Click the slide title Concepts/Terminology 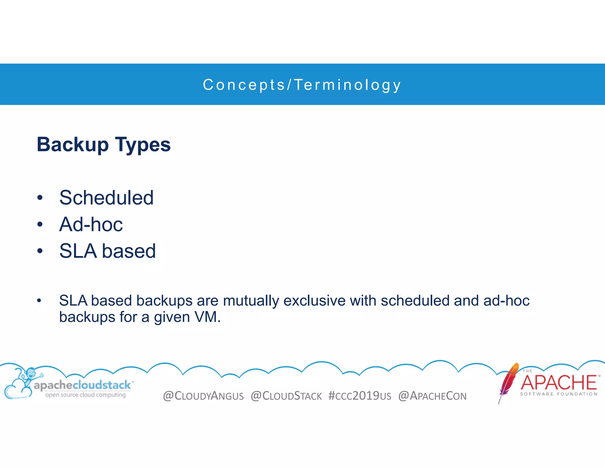(x=302, y=85)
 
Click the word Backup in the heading (x=73, y=145)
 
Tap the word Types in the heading (x=143, y=145)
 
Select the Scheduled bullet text (x=106, y=198)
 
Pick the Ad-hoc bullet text (x=91, y=224)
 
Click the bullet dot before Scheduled (x=40, y=198)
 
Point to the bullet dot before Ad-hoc (x=40, y=224)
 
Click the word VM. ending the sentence (x=207, y=317)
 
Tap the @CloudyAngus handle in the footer (x=203, y=396)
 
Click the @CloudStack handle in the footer (x=286, y=396)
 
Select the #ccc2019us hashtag (x=360, y=396)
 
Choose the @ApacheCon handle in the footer (x=432, y=396)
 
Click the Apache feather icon (x=508, y=382)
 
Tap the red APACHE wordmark (x=559, y=383)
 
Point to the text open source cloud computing (x=85, y=395)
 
